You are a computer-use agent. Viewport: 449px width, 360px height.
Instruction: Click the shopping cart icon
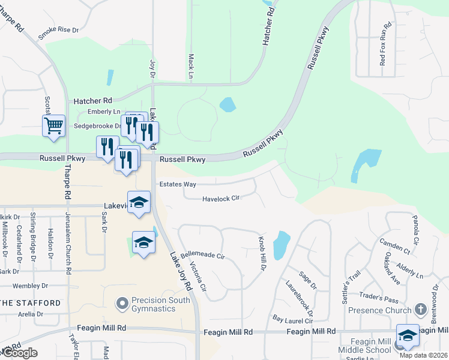coord(53,126)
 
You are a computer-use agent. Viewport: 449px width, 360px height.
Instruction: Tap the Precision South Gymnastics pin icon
coord(123,303)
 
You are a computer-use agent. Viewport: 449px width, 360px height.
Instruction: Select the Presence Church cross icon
coord(420,310)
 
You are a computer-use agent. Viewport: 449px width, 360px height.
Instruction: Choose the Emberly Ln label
coord(104,112)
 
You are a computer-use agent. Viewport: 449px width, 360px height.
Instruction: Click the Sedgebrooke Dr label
coord(97,127)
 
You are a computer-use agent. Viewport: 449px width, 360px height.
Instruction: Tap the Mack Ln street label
coord(190,67)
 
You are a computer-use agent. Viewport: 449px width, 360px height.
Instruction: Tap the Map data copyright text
coord(424,355)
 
